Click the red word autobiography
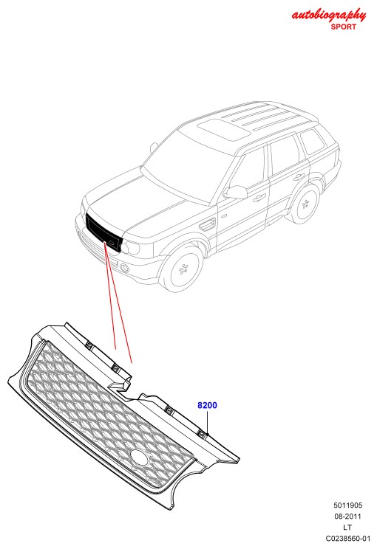pos(329,15)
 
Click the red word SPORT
pos(343,27)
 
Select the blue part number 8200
pos(207,405)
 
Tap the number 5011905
pos(347,505)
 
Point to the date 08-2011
pos(347,516)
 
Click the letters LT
pos(347,527)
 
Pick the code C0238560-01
pos(347,538)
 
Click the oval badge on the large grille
pos(140,457)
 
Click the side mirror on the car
pos(236,192)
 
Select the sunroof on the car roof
pos(224,129)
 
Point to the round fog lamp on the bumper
pos(124,268)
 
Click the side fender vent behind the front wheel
pos(207,224)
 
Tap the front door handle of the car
pos(259,198)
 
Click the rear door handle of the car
pos(299,176)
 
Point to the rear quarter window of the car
pos(313,142)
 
